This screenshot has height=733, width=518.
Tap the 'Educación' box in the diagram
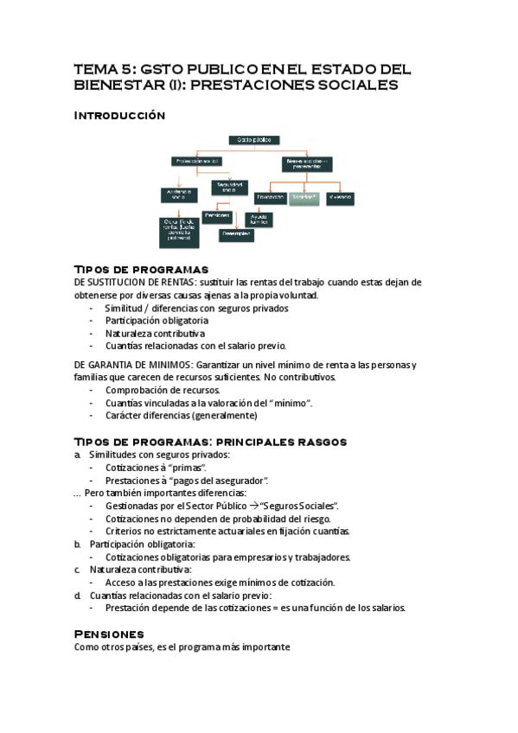click(268, 197)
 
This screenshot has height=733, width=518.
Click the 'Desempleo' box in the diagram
click(237, 233)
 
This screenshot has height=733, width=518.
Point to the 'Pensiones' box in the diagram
click(216, 214)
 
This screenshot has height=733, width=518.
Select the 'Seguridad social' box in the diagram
click(228, 186)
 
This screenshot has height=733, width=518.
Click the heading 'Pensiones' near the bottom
click(109, 634)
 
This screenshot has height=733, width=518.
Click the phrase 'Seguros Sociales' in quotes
click(304, 505)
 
